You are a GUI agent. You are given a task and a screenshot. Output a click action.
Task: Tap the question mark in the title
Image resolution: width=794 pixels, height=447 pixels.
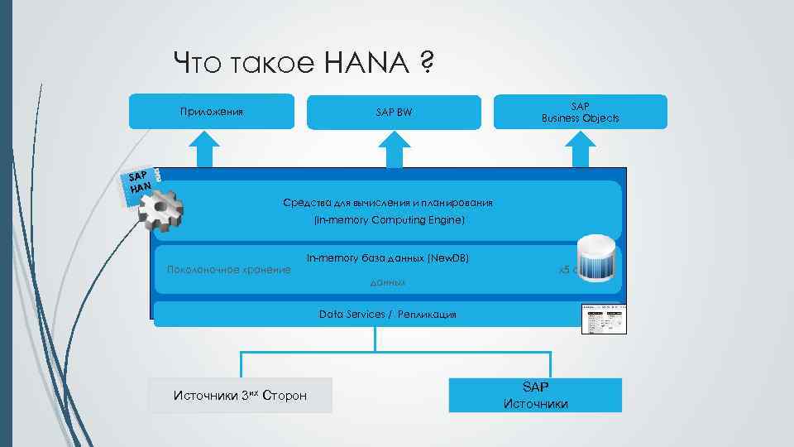point(427,62)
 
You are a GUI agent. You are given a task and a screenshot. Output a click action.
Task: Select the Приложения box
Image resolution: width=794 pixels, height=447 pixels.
point(212,112)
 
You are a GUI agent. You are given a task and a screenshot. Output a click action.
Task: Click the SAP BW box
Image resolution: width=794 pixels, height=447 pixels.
point(394,113)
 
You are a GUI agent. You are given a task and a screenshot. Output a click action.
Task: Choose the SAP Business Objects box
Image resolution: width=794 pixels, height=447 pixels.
point(580,112)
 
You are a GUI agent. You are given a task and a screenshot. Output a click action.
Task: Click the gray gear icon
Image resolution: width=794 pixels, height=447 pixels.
point(160,211)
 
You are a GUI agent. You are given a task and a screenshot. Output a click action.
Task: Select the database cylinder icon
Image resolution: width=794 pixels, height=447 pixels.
point(596,258)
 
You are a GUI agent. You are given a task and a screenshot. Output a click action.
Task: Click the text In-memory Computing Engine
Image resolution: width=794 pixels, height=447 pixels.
point(389,220)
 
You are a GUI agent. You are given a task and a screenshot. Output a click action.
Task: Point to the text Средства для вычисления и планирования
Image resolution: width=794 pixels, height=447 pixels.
point(388,202)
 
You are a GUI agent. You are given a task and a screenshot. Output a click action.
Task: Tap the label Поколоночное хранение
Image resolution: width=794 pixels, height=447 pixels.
point(228,269)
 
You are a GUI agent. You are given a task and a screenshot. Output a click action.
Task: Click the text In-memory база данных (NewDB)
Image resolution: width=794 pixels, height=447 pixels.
point(387,258)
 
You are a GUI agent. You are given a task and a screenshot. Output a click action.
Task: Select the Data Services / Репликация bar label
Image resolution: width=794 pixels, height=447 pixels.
point(387,315)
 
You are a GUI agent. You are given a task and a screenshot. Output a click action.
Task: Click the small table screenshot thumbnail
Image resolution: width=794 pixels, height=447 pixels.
point(604,319)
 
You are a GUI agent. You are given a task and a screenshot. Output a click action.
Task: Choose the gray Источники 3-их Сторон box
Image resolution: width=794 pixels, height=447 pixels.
point(240,395)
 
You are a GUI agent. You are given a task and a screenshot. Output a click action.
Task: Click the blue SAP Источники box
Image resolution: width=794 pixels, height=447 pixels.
point(535,395)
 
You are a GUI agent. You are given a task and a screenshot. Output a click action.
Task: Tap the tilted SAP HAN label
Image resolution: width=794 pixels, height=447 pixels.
point(140,182)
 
